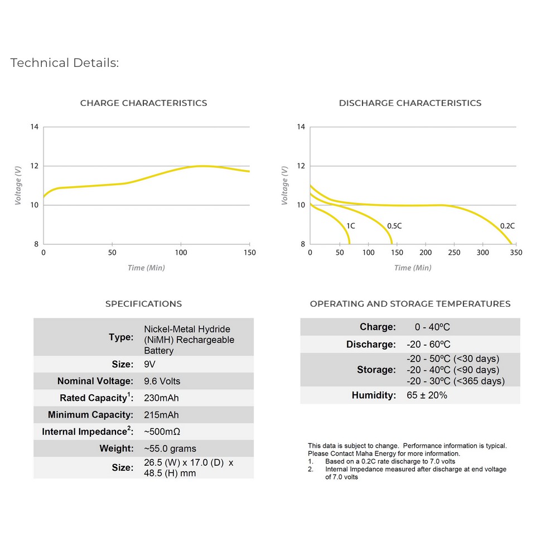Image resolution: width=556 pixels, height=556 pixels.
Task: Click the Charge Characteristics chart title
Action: (143, 103)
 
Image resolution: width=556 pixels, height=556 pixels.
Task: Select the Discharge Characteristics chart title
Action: (410, 103)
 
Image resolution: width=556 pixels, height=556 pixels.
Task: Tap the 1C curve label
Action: (351, 226)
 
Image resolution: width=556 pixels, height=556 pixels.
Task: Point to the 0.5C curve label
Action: (394, 226)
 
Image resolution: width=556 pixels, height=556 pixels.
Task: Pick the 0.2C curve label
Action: (507, 226)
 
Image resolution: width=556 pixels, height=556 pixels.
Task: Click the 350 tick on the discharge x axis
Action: (516, 253)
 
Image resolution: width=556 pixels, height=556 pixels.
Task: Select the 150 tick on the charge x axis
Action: (249, 253)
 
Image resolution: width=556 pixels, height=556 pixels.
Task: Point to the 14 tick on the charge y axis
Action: (35, 127)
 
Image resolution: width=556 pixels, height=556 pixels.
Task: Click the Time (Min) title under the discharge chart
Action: (413, 268)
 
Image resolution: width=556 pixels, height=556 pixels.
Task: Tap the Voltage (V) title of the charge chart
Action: (18, 185)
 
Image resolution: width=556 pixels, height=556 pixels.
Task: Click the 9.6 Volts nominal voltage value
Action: (162, 381)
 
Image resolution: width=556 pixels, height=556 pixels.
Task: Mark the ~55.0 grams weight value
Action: (170, 448)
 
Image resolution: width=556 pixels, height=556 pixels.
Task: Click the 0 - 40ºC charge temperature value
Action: (432, 327)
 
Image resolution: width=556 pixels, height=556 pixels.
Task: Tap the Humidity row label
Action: (374, 395)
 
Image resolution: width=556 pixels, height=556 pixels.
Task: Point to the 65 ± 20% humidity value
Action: (427, 395)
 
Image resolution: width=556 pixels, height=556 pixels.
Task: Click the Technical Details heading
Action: (65, 63)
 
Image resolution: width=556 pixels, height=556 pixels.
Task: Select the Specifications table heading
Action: (143, 304)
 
